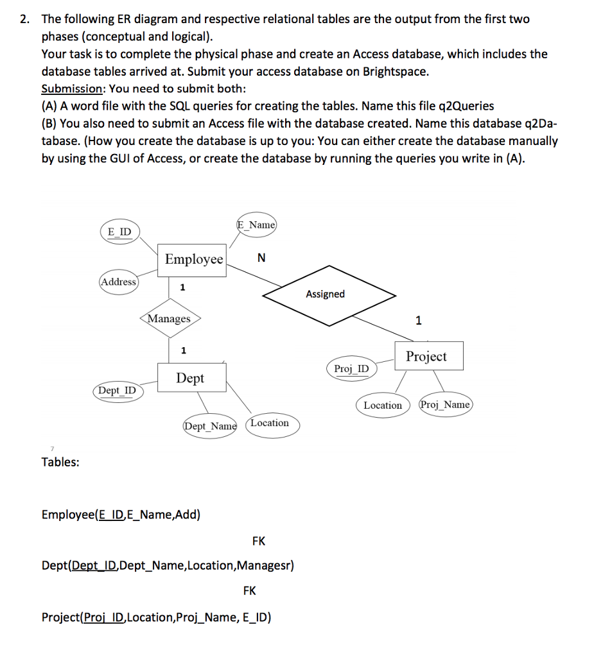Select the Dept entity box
pyautogui.click(x=190, y=379)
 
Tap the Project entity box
pyautogui.click(x=426, y=356)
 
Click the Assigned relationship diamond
pyautogui.click(x=326, y=294)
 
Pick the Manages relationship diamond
pyautogui.click(x=170, y=318)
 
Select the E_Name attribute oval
pyautogui.click(x=256, y=225)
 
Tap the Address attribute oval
pyautogui.click(x=119, y=282)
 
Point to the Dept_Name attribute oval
pyautogui.click(x=210, y=426)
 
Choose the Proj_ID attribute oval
pyautogui.click(x=352, y=368)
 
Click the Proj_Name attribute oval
pyautogui.click(x=446, y=405)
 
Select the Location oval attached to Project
pyautogui.click(x=383, y=405)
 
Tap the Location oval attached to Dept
pyautogui.click(x=271, y=423)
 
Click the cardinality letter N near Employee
pyautogui.click(x=259, y=258)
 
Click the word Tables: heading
pyautogui.click(x=60, y=462)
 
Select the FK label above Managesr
pyautogui.click(x=259, y=541)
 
